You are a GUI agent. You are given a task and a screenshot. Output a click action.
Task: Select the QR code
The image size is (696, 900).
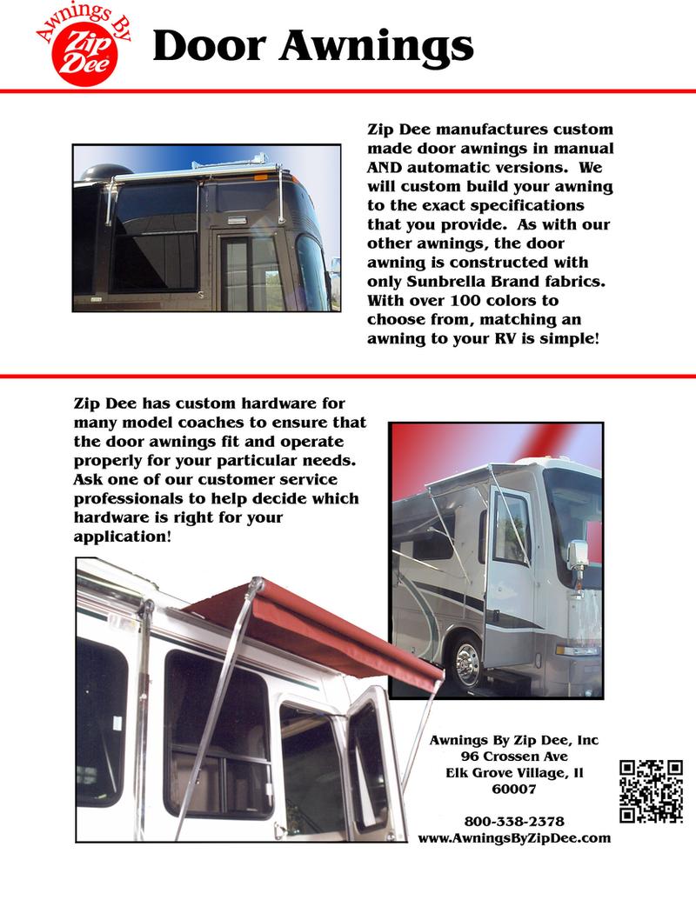click(x=651, y=790)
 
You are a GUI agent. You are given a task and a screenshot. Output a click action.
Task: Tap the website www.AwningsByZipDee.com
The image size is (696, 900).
click(x=513, y=838)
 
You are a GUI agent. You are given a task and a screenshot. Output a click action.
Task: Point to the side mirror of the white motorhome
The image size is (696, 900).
click(x=579, y=554)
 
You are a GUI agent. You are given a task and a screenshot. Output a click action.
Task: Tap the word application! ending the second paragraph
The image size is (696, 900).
click(x=122, y=537)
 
